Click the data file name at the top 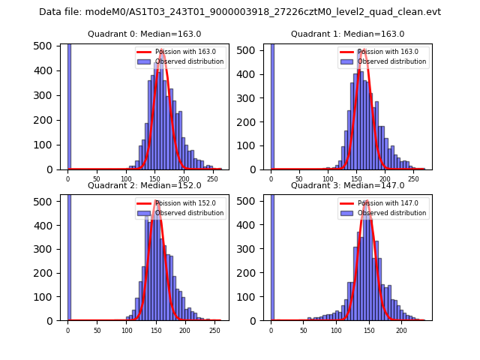click(x=240, y=12)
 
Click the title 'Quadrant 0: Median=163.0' click(x=144, y=34)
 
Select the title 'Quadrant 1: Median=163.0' click(x=347, y=34)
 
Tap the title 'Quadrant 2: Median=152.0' click(x=144, y=185)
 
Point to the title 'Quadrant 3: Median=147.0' click(x=347, y=185)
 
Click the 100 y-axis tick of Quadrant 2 click(x=49, y=296)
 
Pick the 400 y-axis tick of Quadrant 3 click(x=251, y=225)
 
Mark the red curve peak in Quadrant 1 click(x=363, y=50)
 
